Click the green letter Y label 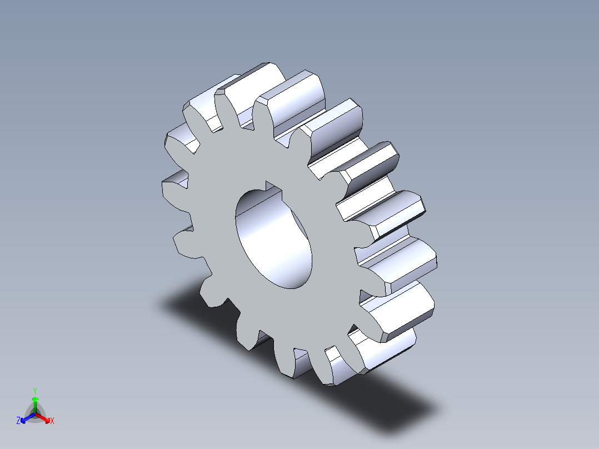tap(34, 390)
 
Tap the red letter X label tap(52, 421)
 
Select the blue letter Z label tap(18, 421)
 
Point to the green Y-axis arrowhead tap(34, 399)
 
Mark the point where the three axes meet tap(35, 413)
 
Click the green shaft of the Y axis tap(35, 407)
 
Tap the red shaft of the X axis tap(41, 416)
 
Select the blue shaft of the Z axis tap(29, 416)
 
